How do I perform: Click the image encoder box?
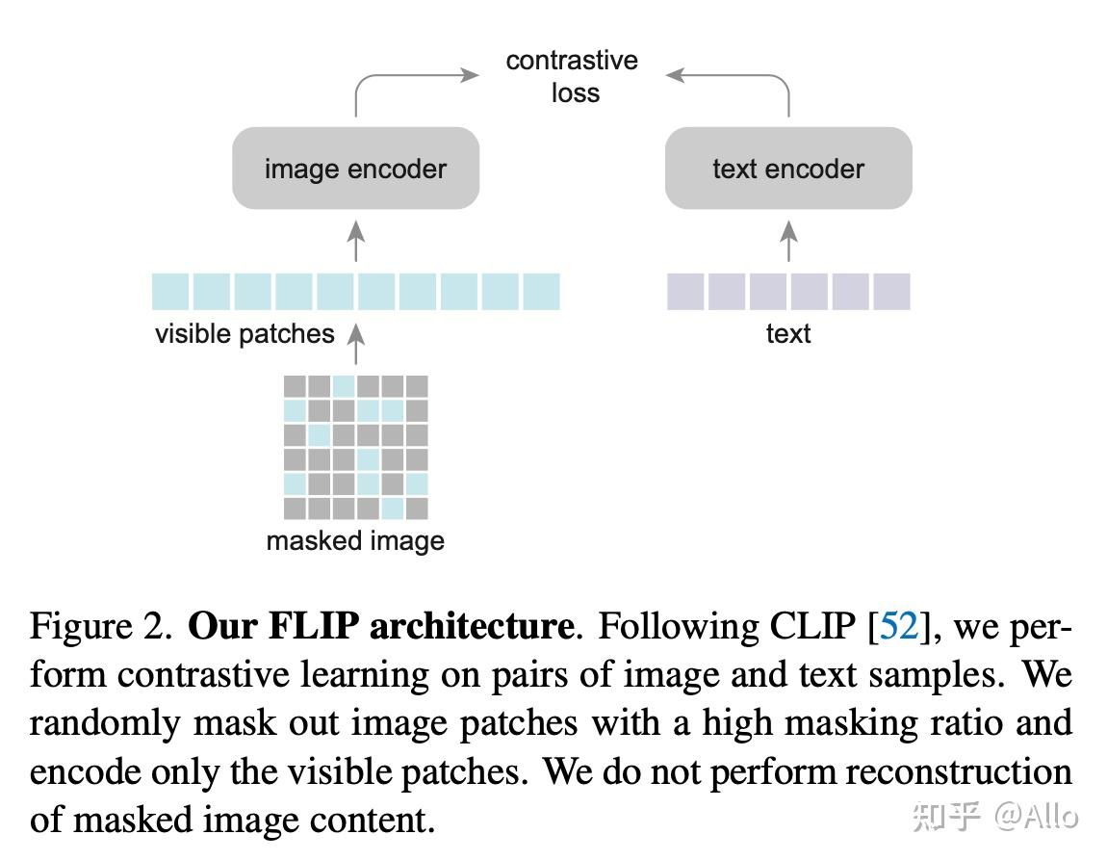(x=355, y=169)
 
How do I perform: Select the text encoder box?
(x=787, y=169)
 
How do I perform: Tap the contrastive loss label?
(x=572, y=76)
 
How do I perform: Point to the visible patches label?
(x=245, y=334)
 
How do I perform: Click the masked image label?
(x=355, y=540)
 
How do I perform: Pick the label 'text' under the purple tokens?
(x=787, y=334)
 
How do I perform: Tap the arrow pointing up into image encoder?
(x=356, y=241)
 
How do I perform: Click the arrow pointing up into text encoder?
(x=788, y=241)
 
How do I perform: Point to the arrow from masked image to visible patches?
(x=356, y=345)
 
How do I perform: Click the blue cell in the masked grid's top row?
(x=344, y=386)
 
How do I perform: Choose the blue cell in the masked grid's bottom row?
(x=392, y=508)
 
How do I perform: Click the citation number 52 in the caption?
(x=899, y=627)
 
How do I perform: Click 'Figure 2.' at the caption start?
(x=101, y=627)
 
